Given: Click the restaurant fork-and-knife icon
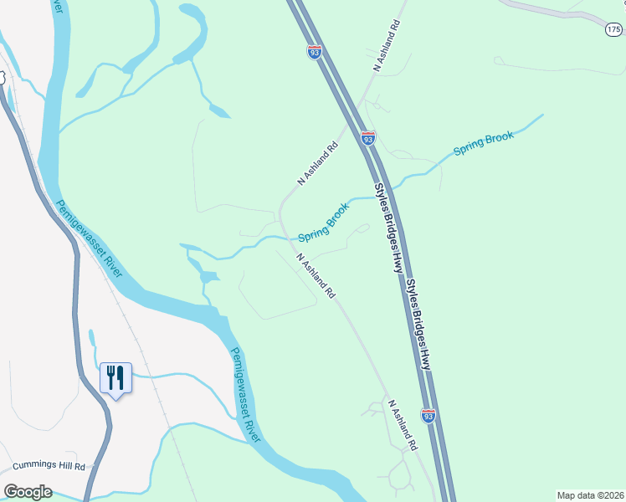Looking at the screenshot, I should [x=115, y=377].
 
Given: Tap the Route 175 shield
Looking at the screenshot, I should [x=613, y=29].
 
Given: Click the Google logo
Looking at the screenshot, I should [x=28, y=492].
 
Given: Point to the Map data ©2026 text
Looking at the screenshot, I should [x=590, y=495].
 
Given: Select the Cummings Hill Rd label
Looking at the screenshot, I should [x=49, y=466].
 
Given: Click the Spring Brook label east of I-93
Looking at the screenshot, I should [x=483, y=143].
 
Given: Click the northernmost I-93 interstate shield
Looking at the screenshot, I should [x=314, y=52].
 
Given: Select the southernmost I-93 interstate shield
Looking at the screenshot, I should [x=428, y=415].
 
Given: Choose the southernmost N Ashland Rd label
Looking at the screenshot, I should [x=401, y=425].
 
